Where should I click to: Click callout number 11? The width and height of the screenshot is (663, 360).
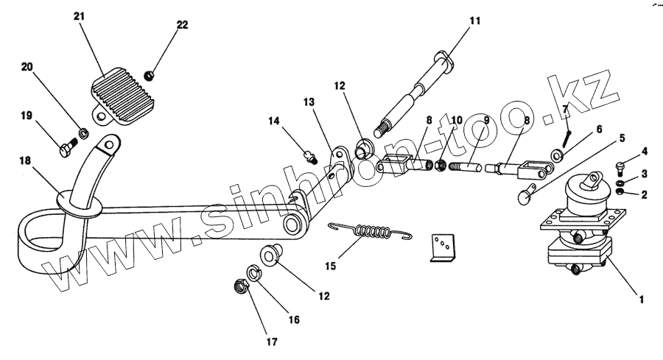[x=474, y=21]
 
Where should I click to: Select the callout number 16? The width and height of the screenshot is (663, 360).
[x=294, y=320]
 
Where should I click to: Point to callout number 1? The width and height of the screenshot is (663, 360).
[x=641, y=300]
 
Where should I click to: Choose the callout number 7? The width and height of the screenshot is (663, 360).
[x=565, y=110]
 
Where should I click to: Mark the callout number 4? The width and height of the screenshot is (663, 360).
[x=644, y=152]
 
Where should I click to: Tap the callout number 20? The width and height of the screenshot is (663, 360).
[x=27, y=67]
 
